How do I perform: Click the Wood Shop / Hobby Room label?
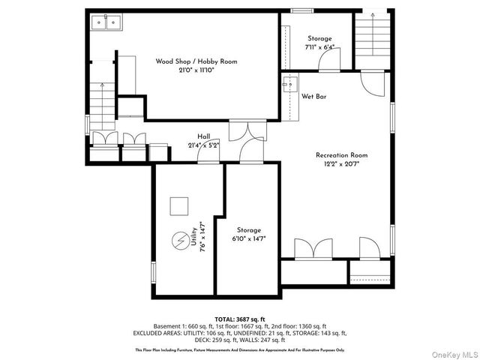[x=196, y=61]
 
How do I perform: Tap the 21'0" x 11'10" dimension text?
[x=196, y=70]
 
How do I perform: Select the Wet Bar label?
[x=313, y=97]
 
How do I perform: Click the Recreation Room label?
[x=341, y=155]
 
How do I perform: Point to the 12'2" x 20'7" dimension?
[x=341, y=164]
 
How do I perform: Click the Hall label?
[x=203, y=136]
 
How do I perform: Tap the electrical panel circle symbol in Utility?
[x=181, y=241]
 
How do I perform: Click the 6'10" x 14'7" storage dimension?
[x=249, y=239]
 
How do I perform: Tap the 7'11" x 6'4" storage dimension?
[x=319, y=48]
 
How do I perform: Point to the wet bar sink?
[x=288, y=85]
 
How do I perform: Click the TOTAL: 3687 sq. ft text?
[x=240, y=319]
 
